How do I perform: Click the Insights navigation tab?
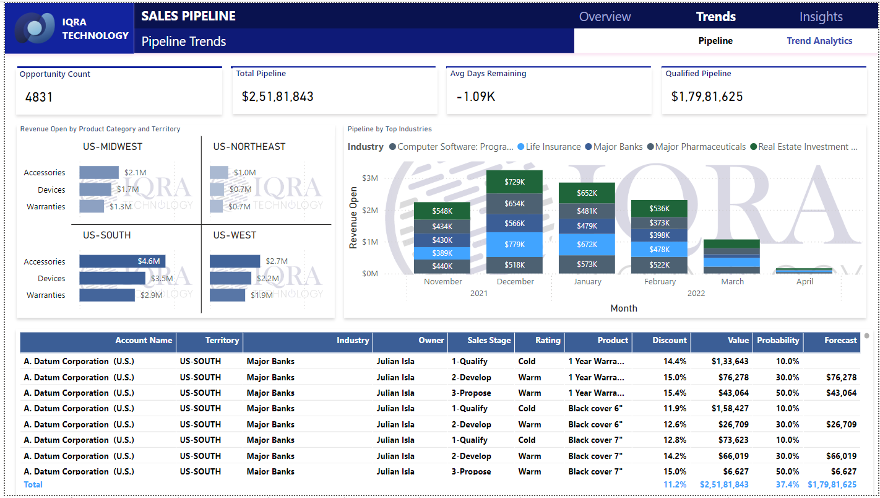pyautogui.click(x=821, y=17)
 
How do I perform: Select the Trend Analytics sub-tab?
pyautogui.click(x=819, y=41)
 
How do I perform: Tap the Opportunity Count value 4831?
pyautogui.click(x=39, y=97)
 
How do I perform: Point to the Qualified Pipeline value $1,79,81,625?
pyautogui.click(x=707, y=97)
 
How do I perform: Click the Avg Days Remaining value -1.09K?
pyautogui.click(x=475, y=97)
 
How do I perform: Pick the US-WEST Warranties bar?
pyautogui.click(x=227, y=295)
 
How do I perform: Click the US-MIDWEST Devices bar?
pyautogui.click(x=95, y=190)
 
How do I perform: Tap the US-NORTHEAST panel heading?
pyautogui.click(x=249, y=147)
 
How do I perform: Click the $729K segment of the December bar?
pyautogui.click(x=515, y=181)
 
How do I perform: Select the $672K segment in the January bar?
pyautogui.click(x=587, y=244)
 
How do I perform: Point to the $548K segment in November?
pyautogui.click(x=442, y=211)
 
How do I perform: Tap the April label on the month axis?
pyautogui.click(x=805, y=281)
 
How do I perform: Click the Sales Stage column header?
pyautogui.click(x=489, y=340)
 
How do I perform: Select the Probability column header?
pyautogui.click(x=778, y=340)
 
